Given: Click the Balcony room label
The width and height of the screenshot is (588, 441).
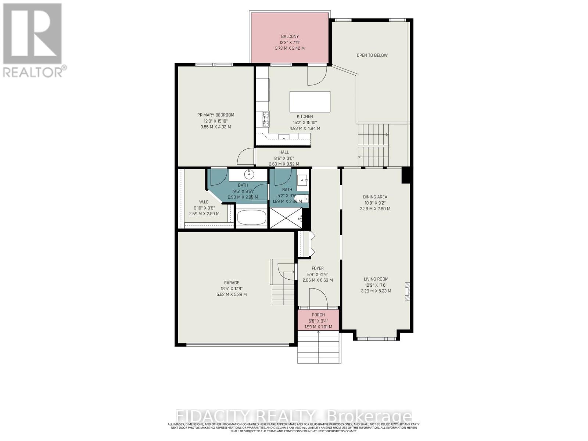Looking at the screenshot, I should pyautogui.click(x=290, y=36).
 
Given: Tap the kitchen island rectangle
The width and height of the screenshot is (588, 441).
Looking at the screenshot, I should pyautogui.click(x=310, y=102).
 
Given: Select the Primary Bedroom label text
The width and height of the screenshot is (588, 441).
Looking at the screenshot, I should pyautogui.click(x=215, y=115).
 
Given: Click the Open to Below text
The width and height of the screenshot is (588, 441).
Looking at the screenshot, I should pyautogui.click(x=372, y=55).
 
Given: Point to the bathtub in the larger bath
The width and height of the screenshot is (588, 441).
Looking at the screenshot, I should pyautogui.click(x=251, y=218).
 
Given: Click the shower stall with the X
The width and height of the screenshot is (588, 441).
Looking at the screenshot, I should pyautogui.click(x=286, y=218).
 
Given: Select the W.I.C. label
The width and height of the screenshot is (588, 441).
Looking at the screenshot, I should pyautogui.click(x=204, y=202).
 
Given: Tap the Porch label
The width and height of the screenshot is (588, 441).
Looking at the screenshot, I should pyautogui.click(x=318, y=315).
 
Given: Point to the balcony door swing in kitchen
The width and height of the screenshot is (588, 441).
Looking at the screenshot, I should pyautogui.click(x=317, y=75).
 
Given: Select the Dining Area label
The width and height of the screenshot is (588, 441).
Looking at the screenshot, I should pyautogui.click(x=375, y=197).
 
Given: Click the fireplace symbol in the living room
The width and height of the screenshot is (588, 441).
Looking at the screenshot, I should pyautogui.click(x=407, y=292).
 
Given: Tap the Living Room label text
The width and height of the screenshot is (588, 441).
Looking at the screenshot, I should pyautogui.click(x=376, y=279).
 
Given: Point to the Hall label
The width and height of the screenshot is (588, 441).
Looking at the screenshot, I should pyautogui.click(x=284, y=152).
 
